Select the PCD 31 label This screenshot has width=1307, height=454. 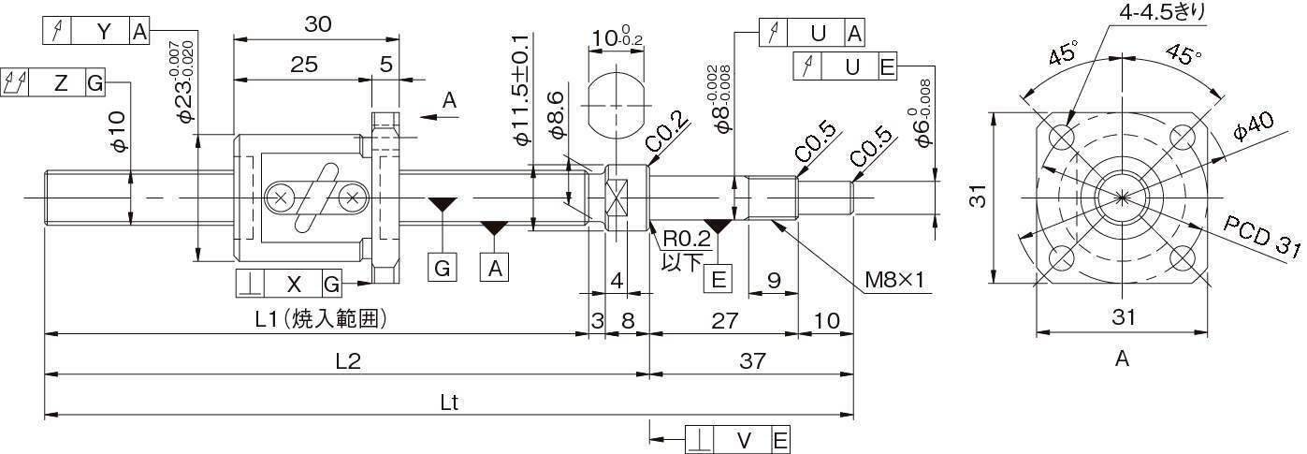pos(1261,236)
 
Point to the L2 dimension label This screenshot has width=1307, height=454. pos(347,360)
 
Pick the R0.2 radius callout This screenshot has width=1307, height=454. pos(686,240)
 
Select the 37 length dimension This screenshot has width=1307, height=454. pos(751,360)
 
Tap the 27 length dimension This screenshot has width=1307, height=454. pos(722,320)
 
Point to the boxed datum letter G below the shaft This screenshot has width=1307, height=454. pos(443,268)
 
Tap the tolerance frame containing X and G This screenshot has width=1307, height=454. pos(289,284)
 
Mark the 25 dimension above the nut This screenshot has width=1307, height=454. pos(303,65)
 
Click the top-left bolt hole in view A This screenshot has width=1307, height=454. pos(1062,138)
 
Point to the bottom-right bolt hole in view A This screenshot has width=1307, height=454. pos(1182,257)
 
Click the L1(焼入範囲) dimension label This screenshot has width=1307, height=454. pos(321,320)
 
